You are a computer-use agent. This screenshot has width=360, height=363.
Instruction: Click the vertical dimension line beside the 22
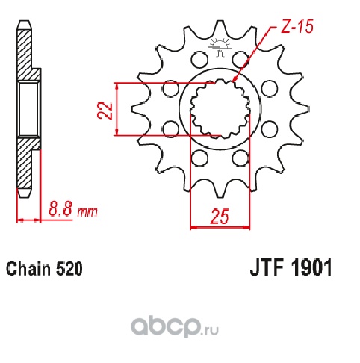[116, 109]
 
